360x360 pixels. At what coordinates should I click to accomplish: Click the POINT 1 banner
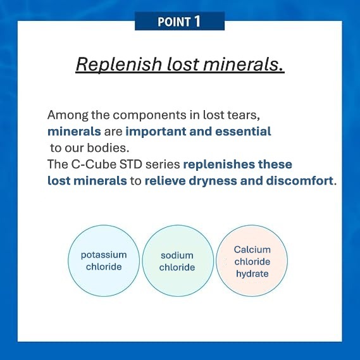180,21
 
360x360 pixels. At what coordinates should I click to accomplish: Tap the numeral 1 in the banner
197,22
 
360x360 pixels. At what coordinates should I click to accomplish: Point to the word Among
68,115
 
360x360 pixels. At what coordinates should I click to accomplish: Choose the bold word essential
243,132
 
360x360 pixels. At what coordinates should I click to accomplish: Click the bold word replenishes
219,164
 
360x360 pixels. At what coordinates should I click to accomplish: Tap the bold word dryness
213,181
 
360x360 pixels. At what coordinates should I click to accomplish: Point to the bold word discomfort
299,181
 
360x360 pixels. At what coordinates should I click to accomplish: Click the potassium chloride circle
104,261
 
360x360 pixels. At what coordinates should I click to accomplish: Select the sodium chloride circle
178,261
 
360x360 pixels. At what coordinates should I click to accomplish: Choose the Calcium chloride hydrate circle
252,261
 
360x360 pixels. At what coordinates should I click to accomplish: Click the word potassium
104,256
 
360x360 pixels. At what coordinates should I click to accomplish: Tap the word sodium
177,256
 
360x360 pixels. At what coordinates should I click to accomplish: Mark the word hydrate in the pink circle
252,274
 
